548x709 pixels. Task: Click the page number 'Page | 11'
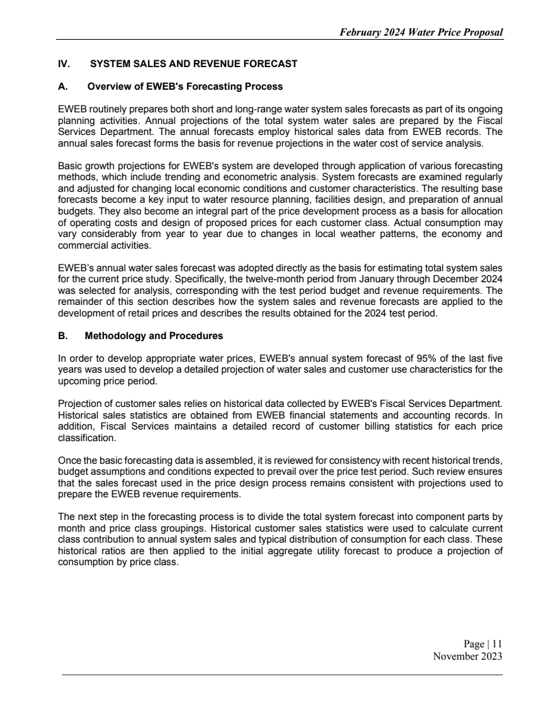coord(483,643)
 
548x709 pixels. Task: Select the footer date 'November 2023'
coord(468,656)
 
